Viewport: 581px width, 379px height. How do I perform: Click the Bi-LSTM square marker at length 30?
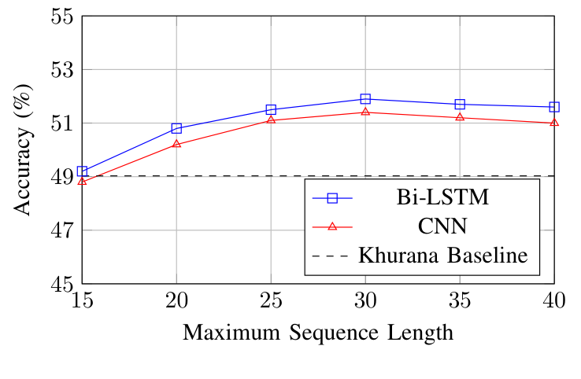point(365,99)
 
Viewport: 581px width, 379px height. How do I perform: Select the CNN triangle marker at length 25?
point(271,120)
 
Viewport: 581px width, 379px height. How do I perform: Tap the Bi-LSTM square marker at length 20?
point(176,128)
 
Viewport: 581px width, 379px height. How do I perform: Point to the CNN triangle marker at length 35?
point(460,117)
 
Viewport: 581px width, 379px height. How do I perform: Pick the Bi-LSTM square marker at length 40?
point(554,107)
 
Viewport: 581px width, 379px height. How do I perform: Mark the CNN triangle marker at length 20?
point(176,144)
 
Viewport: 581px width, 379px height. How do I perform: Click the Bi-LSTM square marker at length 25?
point(271,109)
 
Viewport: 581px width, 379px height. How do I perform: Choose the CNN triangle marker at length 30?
point(365,112)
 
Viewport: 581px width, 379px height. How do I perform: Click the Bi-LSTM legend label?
point(443,198)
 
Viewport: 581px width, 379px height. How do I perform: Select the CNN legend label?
point(443,226)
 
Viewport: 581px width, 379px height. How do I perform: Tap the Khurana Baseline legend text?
point(443,255)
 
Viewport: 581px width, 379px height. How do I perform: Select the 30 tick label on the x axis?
point(365,300)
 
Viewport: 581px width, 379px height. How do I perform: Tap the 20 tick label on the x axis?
point(176,300)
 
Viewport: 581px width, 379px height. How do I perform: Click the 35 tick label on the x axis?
point(460,300)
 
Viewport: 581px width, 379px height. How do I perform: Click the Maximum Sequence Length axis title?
point(318,333)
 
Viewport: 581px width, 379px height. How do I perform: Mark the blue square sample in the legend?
point(332,198)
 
